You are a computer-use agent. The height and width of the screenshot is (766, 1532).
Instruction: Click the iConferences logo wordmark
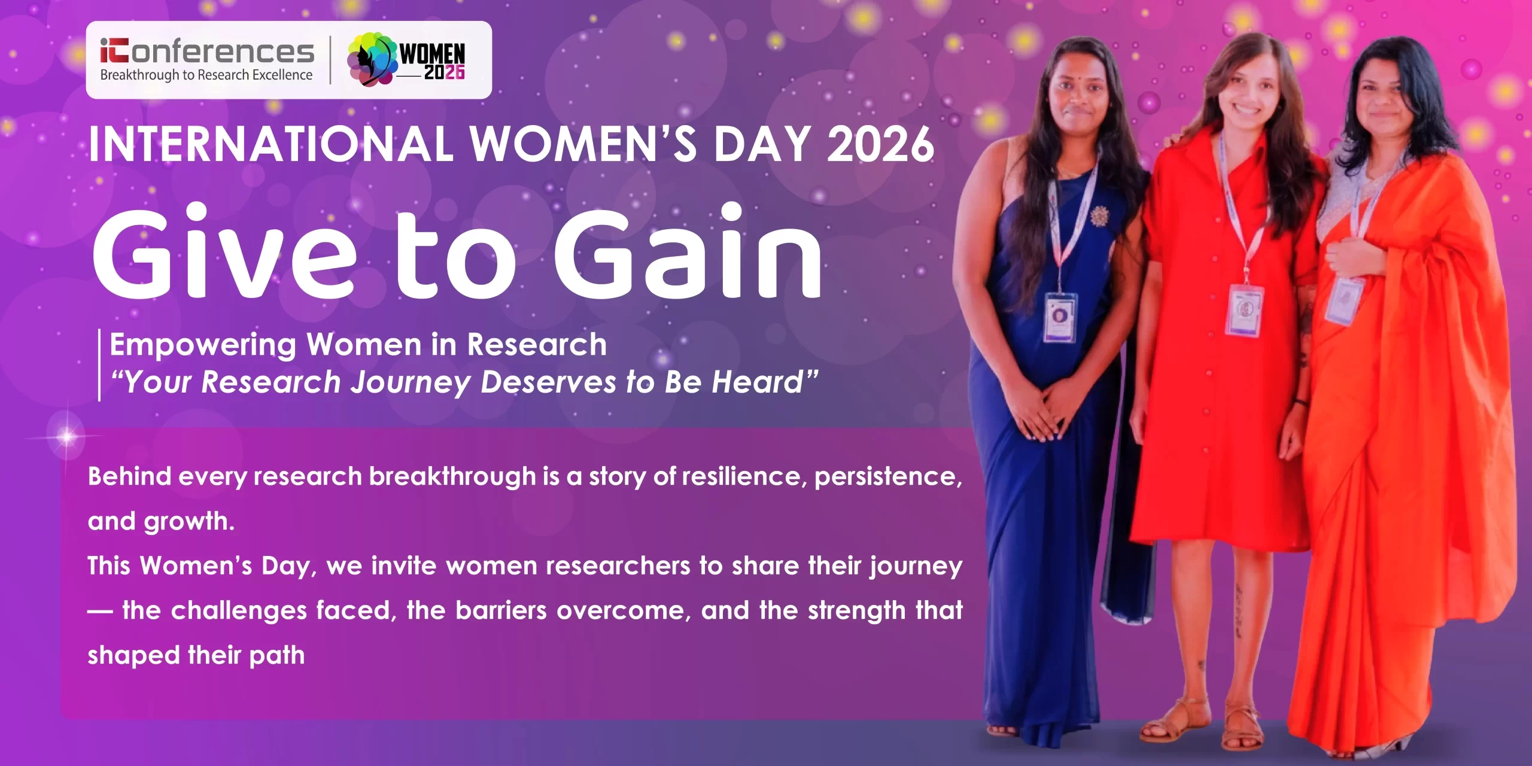pos(207,51)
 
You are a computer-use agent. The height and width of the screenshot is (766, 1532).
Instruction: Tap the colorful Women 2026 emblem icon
pos(372,59)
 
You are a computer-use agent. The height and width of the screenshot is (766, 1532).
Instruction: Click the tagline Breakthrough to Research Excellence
pos(206,75)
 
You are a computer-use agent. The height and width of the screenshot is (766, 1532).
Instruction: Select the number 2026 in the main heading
pos(880,144)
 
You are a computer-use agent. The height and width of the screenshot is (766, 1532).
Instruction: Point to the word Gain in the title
pos(688,251)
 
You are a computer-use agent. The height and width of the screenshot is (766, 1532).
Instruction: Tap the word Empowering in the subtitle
pos(203,346)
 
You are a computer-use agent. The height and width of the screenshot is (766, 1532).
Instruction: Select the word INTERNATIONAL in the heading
pos(271,144)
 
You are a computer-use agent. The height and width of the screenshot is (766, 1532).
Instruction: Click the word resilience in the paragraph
pos(744,476)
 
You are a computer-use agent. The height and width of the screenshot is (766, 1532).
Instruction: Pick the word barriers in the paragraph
pos(501,610)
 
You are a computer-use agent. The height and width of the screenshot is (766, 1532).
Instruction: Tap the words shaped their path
pos(196,656)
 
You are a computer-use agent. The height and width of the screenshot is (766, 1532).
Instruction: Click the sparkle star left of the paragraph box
pos(66,437)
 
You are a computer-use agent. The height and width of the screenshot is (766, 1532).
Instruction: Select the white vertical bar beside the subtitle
pos(99,364)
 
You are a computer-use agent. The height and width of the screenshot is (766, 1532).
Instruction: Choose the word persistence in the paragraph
pos(889,477)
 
